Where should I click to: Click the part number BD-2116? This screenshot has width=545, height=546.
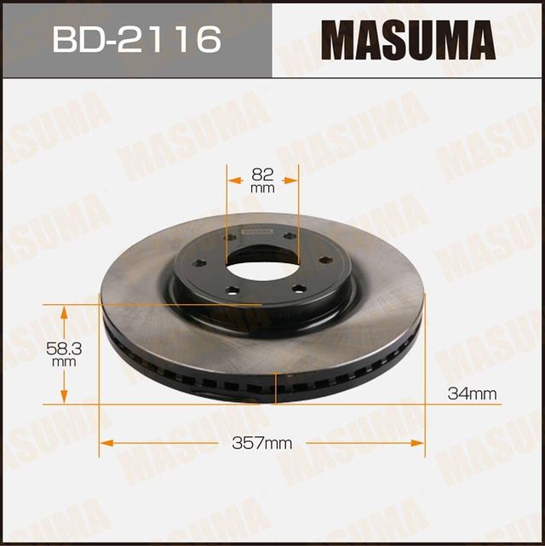click(136, 38)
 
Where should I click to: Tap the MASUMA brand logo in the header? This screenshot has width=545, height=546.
click(408, 39)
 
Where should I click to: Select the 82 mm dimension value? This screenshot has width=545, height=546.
click(262, 175)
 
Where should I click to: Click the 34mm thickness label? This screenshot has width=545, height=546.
click(471, 393)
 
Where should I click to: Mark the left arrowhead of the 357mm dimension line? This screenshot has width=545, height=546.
click(105, 442)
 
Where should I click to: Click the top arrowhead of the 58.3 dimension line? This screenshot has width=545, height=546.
click(64, 307)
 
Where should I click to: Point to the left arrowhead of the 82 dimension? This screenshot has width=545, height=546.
click(231, 181)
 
